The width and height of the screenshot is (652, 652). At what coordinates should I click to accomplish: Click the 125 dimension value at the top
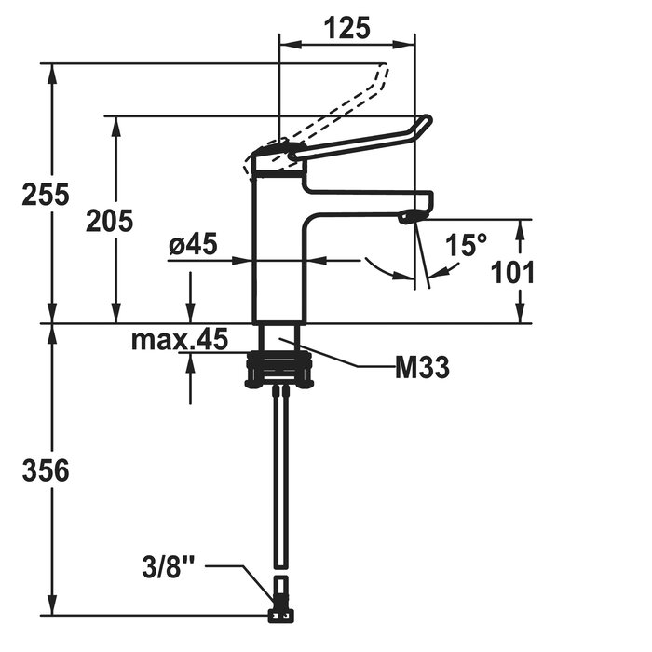click(x=346, y=29)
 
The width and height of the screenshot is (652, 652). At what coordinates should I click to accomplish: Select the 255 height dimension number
click(x=46, y=194)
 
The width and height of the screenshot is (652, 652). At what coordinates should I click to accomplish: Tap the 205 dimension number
click(x=109, y=221)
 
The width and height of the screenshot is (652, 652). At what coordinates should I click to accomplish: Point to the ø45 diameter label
click(x=193, y=244)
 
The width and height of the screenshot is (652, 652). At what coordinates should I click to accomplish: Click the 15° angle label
click(x=466, y=245)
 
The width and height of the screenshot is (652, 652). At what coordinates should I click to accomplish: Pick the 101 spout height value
click(x=512, y=273)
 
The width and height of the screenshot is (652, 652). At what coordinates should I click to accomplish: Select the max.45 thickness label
click(x=180, y=339)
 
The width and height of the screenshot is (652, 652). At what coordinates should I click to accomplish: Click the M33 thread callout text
click(x=422, y=368)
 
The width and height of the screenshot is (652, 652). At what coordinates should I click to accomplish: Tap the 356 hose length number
click(x=46, y=470)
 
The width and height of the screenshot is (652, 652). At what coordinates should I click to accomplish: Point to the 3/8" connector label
click(x=168, y=566)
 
